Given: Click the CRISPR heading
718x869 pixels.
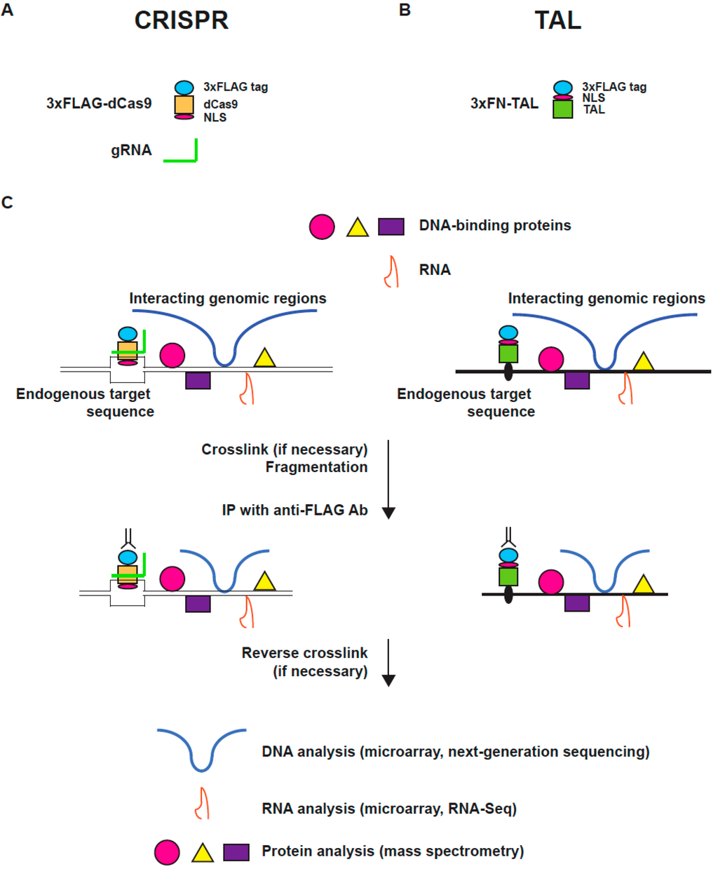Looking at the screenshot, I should (181, 20).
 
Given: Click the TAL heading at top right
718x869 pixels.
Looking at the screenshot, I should (557, 20).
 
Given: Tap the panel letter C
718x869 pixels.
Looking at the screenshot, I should (8, 203).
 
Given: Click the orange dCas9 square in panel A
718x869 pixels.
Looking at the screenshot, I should (184, 105).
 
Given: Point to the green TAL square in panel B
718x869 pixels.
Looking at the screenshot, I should (563, 109).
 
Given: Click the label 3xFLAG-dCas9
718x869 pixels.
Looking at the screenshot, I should (99, 103).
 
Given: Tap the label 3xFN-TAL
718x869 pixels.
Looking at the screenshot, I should (504, 103).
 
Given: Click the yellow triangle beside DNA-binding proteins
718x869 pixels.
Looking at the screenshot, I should (358, 227).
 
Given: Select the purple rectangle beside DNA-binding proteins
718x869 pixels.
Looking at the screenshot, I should (391, 226).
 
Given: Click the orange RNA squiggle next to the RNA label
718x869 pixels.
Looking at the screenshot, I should (391, 271).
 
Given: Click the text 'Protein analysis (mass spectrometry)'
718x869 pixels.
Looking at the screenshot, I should (393, 851).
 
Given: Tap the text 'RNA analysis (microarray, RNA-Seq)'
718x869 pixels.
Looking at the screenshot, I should (389, 809).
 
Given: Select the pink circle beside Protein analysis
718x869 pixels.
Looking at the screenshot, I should (167, 851).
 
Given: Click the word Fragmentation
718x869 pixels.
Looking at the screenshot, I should (316, 467).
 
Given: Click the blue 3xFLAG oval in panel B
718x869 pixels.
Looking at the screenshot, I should (563, 88).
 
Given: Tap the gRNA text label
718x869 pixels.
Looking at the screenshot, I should (131, 150).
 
